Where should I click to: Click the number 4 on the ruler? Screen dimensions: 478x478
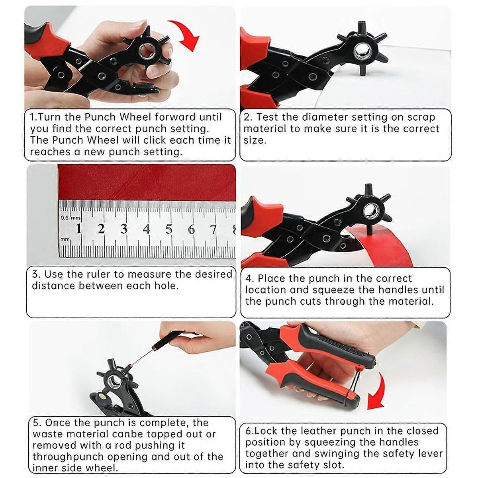147,229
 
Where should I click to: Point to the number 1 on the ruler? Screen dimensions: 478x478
78,229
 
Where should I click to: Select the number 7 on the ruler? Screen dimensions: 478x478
214,229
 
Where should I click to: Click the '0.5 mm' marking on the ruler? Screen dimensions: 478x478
70,218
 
